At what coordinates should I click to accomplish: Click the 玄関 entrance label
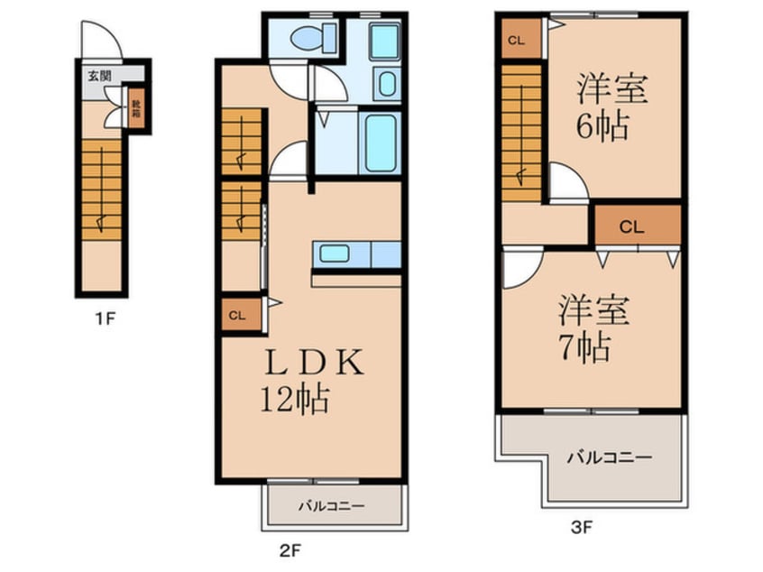98,75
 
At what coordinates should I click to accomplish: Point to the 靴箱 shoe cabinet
136,108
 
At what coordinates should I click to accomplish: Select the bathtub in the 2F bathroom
381,143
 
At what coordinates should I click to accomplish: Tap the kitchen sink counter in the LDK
356,254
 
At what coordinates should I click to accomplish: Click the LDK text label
313,363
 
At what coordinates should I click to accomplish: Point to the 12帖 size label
294,398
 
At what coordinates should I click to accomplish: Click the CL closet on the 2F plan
236,316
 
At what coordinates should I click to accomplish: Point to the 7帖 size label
583,346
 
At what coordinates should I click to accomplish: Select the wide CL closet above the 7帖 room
634,226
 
